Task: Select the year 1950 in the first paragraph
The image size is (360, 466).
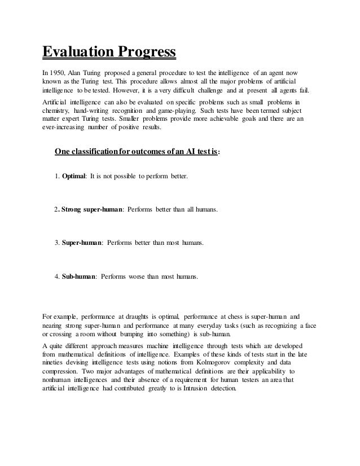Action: coord(58,73)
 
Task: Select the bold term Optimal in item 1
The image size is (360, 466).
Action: coord(73,177)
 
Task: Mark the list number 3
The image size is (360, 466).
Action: coord(56,243)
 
